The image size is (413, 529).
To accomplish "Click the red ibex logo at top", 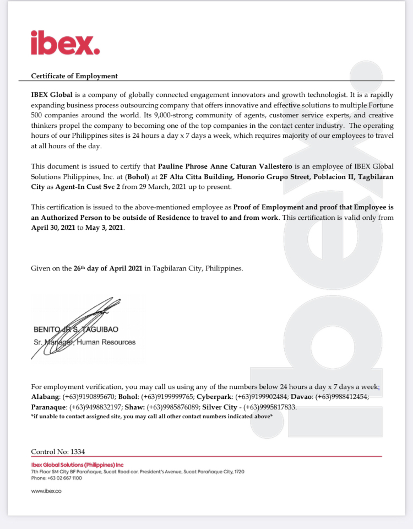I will click(x=65, y=42).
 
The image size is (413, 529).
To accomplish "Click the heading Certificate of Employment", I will click(x=74, y=76).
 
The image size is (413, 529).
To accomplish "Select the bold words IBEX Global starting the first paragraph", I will click(x=52, y=95).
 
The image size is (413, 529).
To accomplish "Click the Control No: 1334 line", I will click(x=58, y=451).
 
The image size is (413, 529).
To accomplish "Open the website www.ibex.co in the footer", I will click(x=46, y=491).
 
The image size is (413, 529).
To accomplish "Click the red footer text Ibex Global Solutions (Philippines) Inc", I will click(x=77, y=465).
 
